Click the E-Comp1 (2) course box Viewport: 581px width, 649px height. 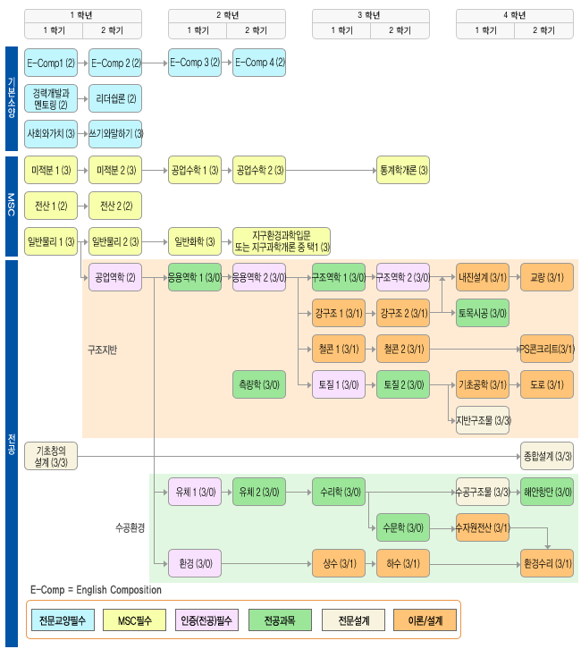coord(51,63)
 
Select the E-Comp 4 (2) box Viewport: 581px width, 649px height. coord(259,63)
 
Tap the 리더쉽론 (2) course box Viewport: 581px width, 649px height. coord(115,98)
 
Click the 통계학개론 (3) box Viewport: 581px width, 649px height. coord(403,170)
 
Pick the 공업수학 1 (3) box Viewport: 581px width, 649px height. coord(195,170)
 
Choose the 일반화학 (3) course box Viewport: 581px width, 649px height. coord(195,241)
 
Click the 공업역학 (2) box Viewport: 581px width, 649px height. coord(115,277)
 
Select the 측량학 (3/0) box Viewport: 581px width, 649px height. coord(259,384)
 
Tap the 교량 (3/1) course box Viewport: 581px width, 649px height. coord(546,277)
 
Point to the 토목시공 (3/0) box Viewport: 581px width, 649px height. coord(483,313)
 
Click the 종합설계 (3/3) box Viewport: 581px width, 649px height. coord(546,456)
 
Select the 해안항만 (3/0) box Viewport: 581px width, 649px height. coord(546,492)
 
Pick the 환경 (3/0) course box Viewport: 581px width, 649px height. coord(195,563)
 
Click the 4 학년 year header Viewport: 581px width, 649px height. coord(510,15)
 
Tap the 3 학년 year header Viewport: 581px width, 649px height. coord(367,15)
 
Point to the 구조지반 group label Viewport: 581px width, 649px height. coord(102,349)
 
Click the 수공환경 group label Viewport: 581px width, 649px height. coord(130,527)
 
